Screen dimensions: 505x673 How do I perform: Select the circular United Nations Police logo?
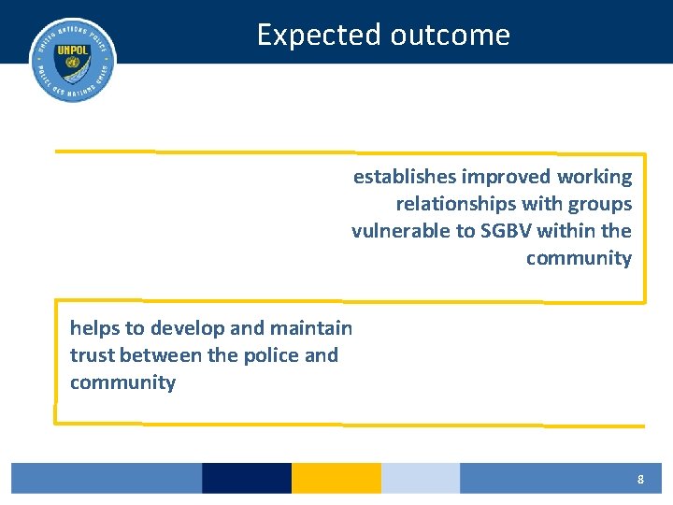pyautogui.click(x=73, y=60)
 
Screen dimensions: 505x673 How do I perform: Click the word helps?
pyautogui.click(x=93, y=328)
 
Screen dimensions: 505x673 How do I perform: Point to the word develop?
pyautogui.click(x=185, y=328)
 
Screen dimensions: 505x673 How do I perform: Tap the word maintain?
pyautogui.click(x=311, y=328)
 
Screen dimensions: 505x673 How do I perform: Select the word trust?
pyautogui.click(x=92, y=355)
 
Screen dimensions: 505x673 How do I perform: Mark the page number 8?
pyautogui.click(x=640, y=479)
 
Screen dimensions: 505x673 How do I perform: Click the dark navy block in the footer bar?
pyautogui.click(x=247, y=478)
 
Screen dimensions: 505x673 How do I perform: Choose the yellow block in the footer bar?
pyautogui.click(x=336, y=478)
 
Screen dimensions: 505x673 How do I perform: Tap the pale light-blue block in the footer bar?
pyautogui.click(x=421, y=478)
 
